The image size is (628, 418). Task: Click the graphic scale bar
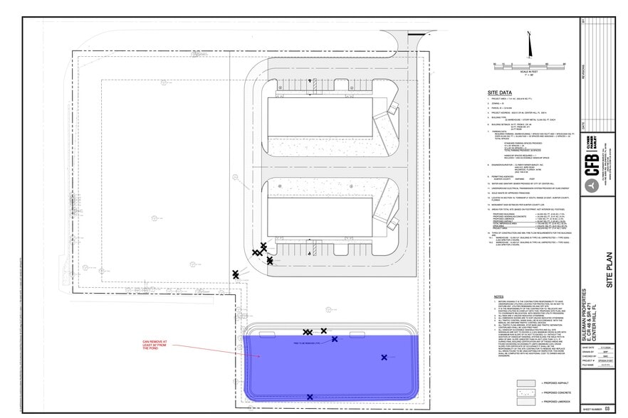(x=528, y=66)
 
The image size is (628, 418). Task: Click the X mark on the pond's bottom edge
(x=310, y=397)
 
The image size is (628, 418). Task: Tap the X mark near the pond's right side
(x=384, y=358)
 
